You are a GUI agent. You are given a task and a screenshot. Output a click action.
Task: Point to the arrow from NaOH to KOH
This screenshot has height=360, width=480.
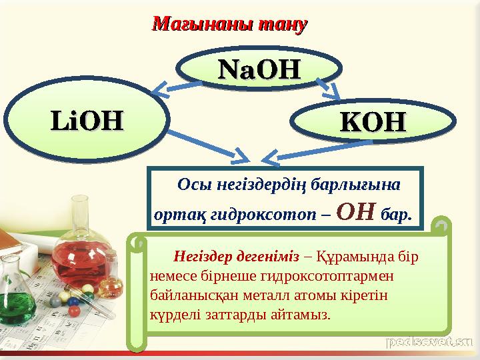327,89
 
